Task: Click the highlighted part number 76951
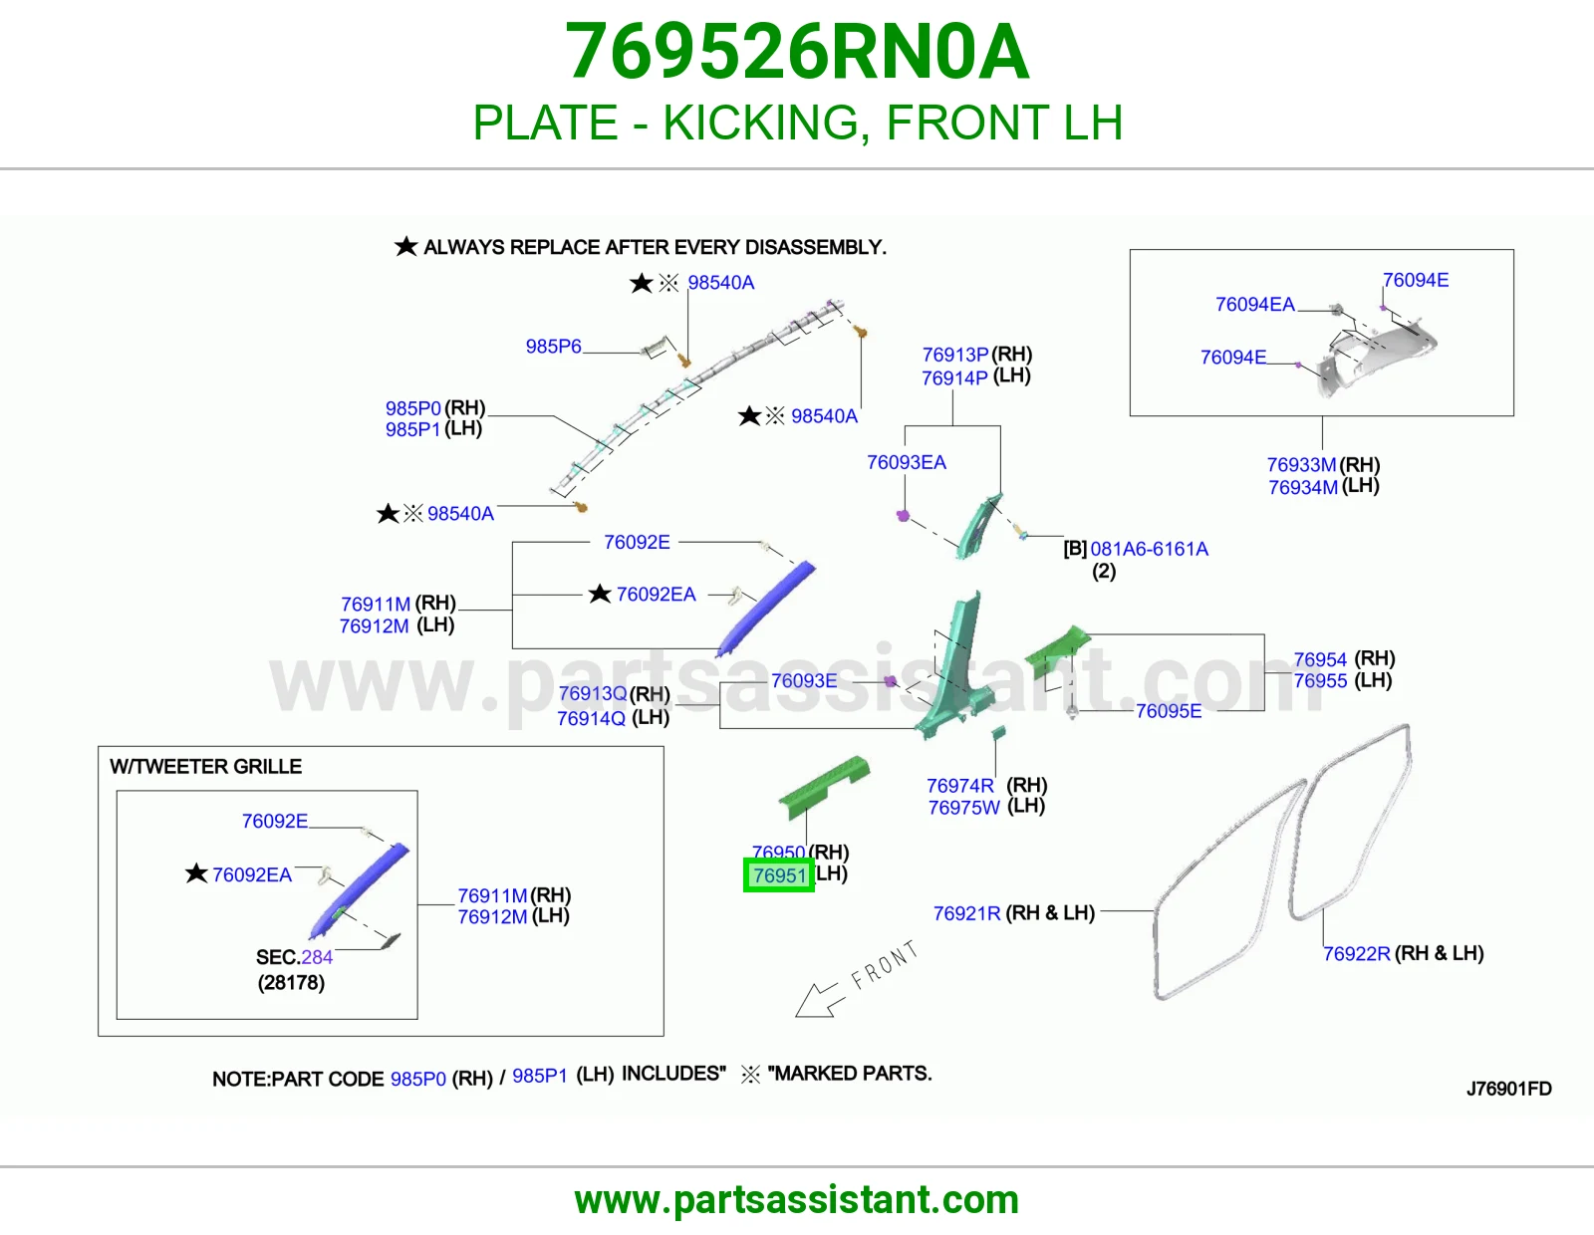pyautogui.click(x=779, y=874)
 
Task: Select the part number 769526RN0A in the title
pyautogui.click(x=797, y=52)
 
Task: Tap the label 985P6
pyautogui.click(x=553, y=347)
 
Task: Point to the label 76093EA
pyautogui.click(x=906, y=462)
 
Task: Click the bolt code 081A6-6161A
pyautogui.click(x=1149, y=549)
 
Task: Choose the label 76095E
pyautogui.click(x=1168, y=711)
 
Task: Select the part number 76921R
pyautogui.click(x=966, y=913)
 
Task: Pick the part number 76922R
pyautogui.click(x=1356, y=953)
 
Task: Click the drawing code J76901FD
pyautogui.click(x=1509, y=1089)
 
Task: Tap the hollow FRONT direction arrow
pyautogui.click(x=819, y=1000)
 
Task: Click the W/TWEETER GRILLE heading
pyautogui.click(x=205, y=766)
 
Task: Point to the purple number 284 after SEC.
pyautogui.click(x=317, y=957)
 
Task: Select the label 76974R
pyautogui.click(x=959, y=786)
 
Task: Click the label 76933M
pyautogui.click(x=1301, y=465)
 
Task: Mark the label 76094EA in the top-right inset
pyautogui.click(x=1254, y=305)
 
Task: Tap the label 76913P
pyautogui.click(x=955, y=355)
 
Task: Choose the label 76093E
pyautogui.click(x=803, y=680)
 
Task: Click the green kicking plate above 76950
pyautogui.click(x=825, y=785)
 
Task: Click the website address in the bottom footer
pyautogui.click(x=797, y=1200)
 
